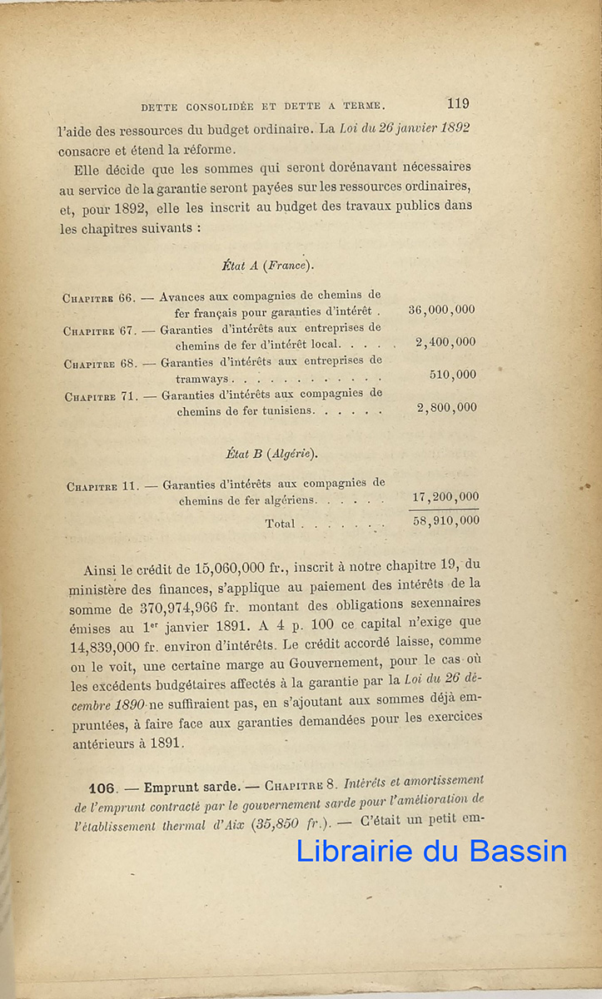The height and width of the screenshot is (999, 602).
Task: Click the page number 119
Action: (x=457, y=104)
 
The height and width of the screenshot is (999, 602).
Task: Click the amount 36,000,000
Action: (x=441, y=310)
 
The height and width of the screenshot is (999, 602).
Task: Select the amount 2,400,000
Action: (x=445, y=342)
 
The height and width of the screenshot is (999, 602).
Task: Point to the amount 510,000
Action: (x=453, y=375)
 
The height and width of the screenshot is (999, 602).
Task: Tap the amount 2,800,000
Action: (x=446, y=408)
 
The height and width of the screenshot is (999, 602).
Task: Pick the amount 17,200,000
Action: (x=445, y=497)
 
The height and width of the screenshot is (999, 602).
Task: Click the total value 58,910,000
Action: (x=445, y=520)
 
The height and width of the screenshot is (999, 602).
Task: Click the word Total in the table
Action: (x=280, y=524)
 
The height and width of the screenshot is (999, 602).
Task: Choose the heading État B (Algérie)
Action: (x=271, y=454)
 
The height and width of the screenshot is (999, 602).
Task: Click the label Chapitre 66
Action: (x=98, y=297)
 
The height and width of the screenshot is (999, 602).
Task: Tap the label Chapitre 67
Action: (x=99, y=331)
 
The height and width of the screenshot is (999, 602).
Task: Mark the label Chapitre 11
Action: (x=102, y=486)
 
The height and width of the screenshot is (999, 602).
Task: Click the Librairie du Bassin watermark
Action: (x=431, y=851)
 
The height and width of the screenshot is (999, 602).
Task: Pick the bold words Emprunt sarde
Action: (x=188, y=787)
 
